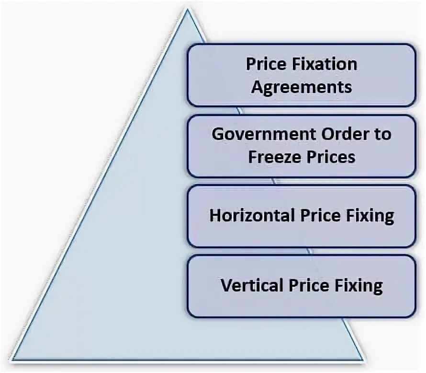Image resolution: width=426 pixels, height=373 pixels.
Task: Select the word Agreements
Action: click(x=302, y=87)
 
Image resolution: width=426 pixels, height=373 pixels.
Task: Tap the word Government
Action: click(x=260, y=134)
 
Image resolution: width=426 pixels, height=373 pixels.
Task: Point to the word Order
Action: click(x=339, y=134)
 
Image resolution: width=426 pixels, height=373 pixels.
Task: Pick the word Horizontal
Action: click(x=252, y=216)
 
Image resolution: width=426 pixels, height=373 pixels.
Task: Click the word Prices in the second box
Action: click(x=331, y=157)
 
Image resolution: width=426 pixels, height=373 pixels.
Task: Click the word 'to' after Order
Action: click(x=382, y=134)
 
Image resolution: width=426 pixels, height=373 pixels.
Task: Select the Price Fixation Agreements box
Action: click(x=302, y=75)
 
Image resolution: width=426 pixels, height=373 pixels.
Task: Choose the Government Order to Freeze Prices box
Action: click(x=302, y=145)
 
